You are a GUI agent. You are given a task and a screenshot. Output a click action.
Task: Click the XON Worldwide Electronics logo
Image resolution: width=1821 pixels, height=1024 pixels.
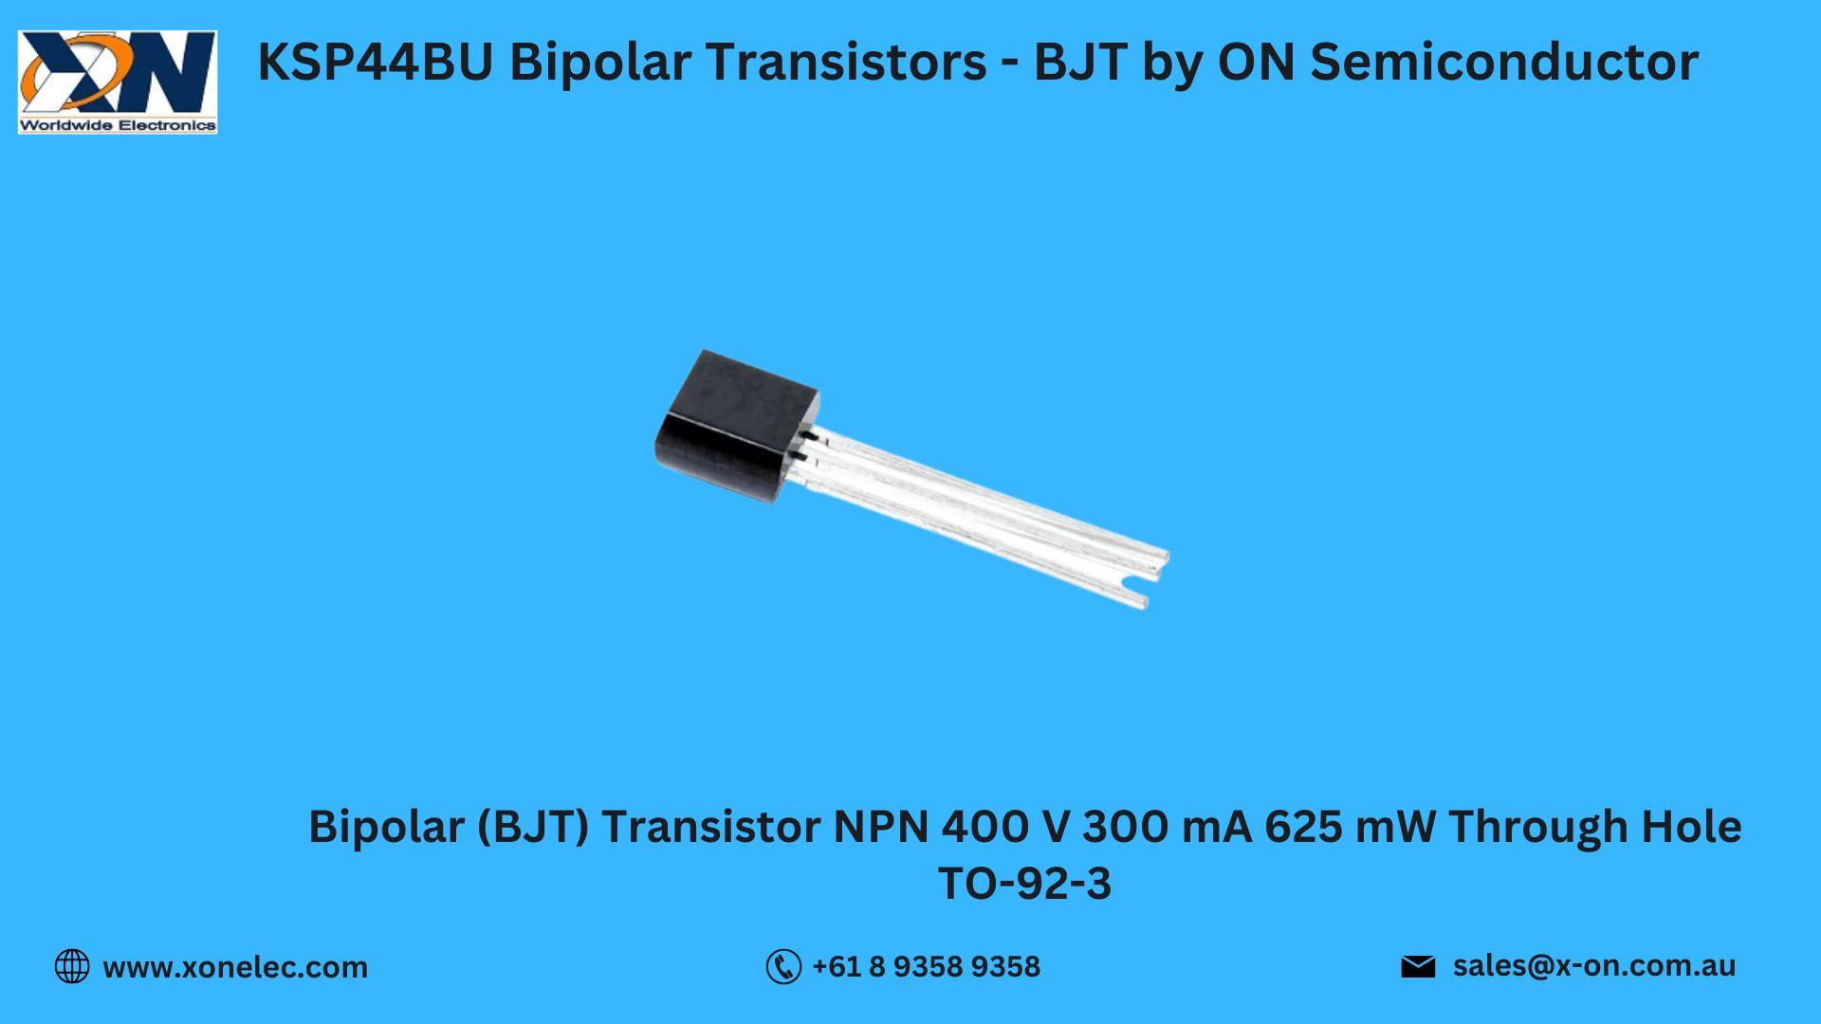(x=118, y=82)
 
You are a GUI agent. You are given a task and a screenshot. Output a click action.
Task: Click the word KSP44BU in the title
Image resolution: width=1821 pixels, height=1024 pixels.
(x=376, y=63)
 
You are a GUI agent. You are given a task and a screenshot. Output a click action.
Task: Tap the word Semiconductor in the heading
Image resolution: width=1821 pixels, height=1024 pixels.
(x=1504, y=63)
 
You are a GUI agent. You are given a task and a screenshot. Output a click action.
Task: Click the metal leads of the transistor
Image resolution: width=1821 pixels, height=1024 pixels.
(x=986, y=517)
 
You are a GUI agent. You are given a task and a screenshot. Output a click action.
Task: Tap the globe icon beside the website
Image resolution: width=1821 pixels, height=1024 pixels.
(x=72, y=966)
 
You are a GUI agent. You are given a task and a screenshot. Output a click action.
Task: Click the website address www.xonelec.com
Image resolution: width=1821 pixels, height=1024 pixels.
(x=235, y=967)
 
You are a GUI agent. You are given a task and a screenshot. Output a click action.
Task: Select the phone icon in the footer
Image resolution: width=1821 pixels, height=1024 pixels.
(x=783, y=966)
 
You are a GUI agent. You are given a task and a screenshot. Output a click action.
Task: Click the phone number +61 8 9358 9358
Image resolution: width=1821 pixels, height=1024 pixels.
(x=927, y=966)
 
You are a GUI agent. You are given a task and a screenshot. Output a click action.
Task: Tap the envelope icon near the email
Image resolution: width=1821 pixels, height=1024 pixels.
(x=1418, y=966)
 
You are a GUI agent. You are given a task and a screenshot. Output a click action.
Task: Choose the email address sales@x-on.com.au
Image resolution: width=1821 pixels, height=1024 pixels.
(x=1594, y=965)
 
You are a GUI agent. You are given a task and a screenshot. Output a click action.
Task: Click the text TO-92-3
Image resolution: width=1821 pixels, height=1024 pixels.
(x=1024, y=884)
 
